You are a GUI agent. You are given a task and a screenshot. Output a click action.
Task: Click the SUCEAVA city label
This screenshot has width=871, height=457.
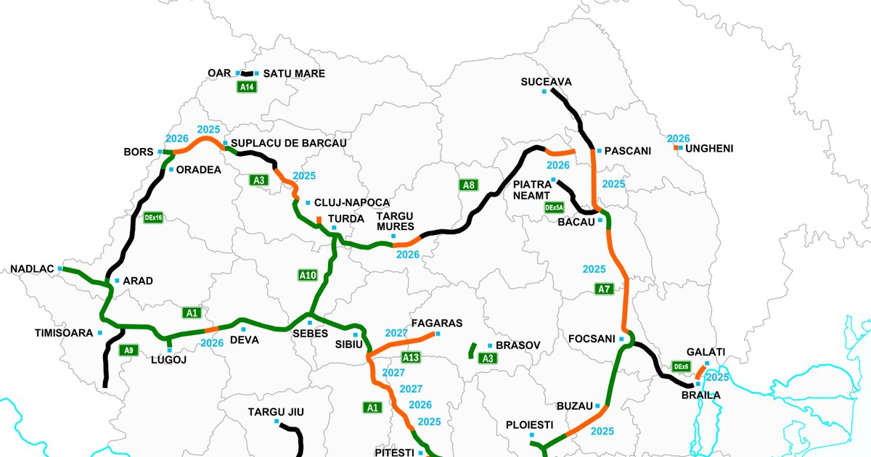pyautogui.click(x=546, y=82)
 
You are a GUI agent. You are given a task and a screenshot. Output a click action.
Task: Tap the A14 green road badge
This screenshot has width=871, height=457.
pyautogui.click(x=247, y=87)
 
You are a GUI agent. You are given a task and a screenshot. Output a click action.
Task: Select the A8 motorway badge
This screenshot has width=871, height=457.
pyautogui.click(x=469, y=185)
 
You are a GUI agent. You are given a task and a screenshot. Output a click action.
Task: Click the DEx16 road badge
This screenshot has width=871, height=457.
pyautogui.click(x=153, y=217)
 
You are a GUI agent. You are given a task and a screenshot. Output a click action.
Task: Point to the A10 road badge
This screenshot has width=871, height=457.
pyautogui.click(x=308, y=275)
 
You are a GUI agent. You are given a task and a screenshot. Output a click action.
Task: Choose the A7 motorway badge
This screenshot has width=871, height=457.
pyautogui.click(x=604, y=289)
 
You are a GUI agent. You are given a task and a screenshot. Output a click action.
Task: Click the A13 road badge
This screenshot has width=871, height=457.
pyautogui.click(x=411, y=357)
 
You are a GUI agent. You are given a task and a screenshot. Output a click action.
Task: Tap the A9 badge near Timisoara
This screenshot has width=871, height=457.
pyautogui.click(x=128, y=350)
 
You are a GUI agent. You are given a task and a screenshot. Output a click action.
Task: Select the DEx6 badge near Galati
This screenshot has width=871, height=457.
pyautogui.click(x=681, y=367)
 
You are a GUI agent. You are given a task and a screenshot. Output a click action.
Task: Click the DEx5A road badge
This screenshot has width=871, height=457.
pyautogui.click(x=555, y=207)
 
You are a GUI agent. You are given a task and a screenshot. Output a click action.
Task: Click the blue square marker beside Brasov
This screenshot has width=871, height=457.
pyautogui.click(x=490, y=345)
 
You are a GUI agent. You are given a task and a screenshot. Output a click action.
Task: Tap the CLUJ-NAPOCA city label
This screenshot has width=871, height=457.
pyautogui.click(x=352, y=202)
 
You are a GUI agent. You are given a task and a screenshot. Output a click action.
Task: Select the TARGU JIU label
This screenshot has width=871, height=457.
pyautogui.click(x=276, y=412)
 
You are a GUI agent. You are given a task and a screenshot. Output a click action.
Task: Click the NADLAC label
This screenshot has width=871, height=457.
pyautogui.click(x=32, y=269)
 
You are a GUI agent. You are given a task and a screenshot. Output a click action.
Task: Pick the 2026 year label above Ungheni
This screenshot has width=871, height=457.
pyautogui.click(x=678, y=138)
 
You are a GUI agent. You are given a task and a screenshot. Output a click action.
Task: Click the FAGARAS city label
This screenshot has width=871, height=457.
pyautogui.click(x=436, y=323)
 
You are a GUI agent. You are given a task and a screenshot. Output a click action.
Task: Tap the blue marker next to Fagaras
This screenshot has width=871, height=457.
pyautogui.click(x=437, y=334)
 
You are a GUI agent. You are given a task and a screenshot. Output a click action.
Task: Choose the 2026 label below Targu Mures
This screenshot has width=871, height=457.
pyautogui.click(x=407, y=255)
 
